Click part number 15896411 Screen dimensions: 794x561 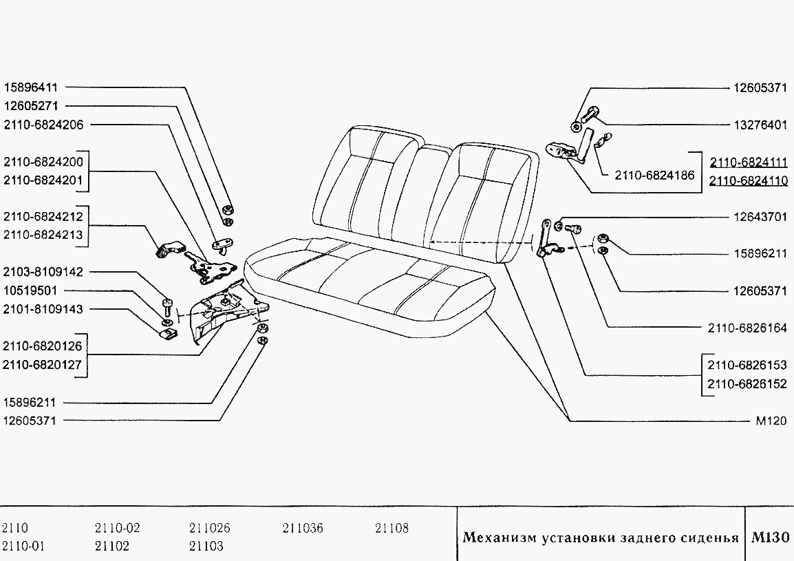[31, 87]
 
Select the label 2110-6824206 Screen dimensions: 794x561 [43, 125]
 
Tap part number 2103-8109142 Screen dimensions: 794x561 [43, 272]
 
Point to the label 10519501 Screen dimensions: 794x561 [30, 291]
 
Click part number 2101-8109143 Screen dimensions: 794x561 [43, 309]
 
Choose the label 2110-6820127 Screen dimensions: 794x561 [42, 365]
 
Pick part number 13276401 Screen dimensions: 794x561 [760, 125]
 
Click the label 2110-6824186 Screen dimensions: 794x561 [654, 176]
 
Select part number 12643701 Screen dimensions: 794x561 [760, 217]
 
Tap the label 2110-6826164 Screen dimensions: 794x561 [747, 328]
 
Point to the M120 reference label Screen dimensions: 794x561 [771, 421]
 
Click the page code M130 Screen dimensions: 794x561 [770, 537]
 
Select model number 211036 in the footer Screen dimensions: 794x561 [302, 528]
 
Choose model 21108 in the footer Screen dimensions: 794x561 [391, 528]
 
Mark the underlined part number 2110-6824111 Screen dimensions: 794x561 [749, 162]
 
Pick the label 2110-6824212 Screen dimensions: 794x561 [43, 217]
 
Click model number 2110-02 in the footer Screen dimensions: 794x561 [117, 528]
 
